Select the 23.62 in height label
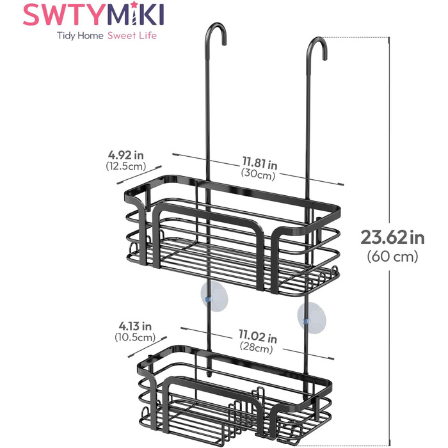392,237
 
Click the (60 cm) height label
392,257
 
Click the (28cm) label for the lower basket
258,349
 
